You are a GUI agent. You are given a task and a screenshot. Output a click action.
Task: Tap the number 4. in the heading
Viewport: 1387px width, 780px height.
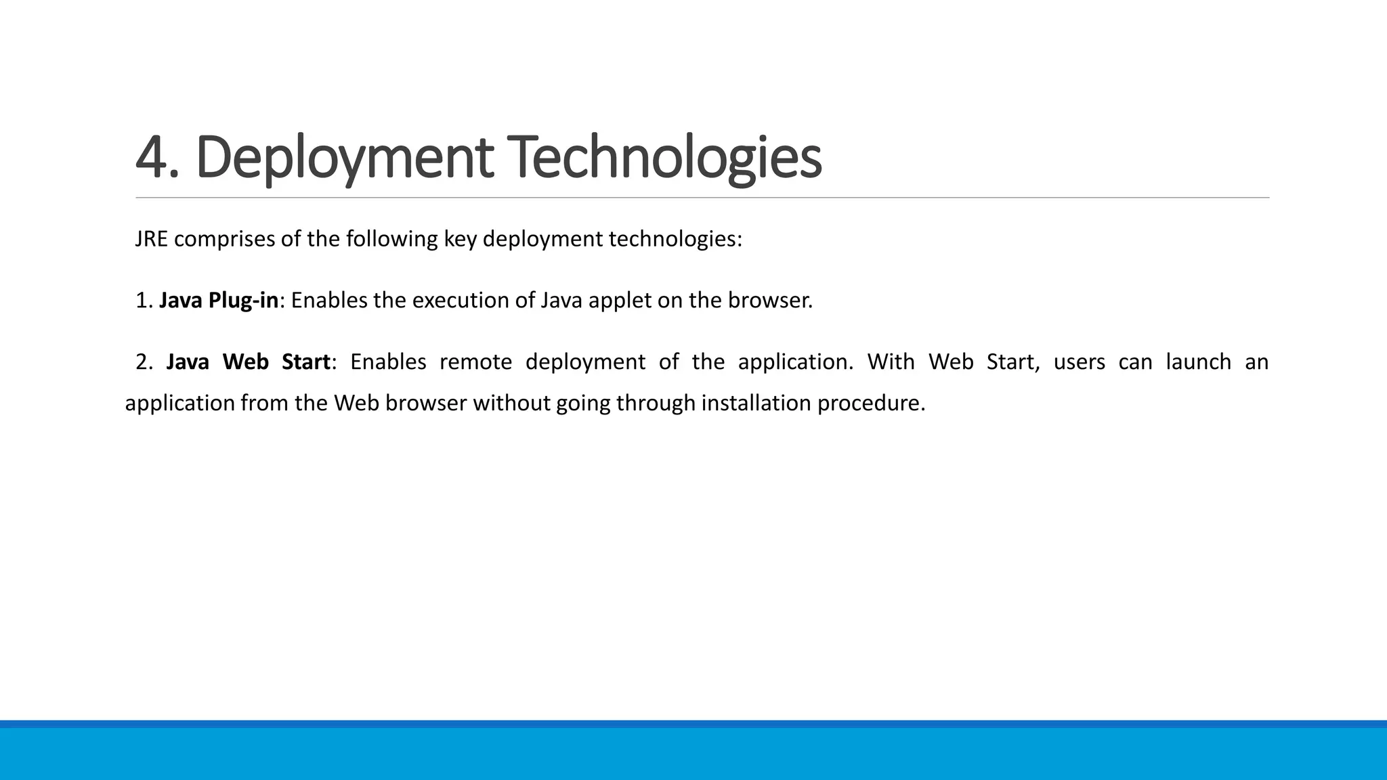[157, 158]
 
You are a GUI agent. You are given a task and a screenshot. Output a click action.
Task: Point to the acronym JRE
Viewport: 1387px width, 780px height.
[151, 239]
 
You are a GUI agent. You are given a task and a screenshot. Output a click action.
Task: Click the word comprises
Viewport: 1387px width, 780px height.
[224, 239]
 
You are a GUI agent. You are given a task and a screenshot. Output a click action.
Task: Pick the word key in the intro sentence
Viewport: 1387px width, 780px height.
[460, 239]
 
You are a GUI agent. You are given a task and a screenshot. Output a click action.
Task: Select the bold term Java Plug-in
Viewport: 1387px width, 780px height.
[219, 300]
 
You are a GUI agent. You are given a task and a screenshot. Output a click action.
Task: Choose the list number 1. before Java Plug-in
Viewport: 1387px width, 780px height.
[144, 300]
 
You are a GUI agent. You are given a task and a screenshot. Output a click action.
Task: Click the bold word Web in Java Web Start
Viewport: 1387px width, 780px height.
[246, 362]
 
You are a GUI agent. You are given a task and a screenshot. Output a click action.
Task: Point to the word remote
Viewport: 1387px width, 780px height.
[475, 362]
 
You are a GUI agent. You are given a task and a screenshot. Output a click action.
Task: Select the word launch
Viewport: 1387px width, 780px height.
[1198, 362]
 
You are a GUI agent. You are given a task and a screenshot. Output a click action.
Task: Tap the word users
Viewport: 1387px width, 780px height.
[1079, 362]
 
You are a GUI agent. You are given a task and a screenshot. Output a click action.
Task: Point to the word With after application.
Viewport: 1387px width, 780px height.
[891, 362]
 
